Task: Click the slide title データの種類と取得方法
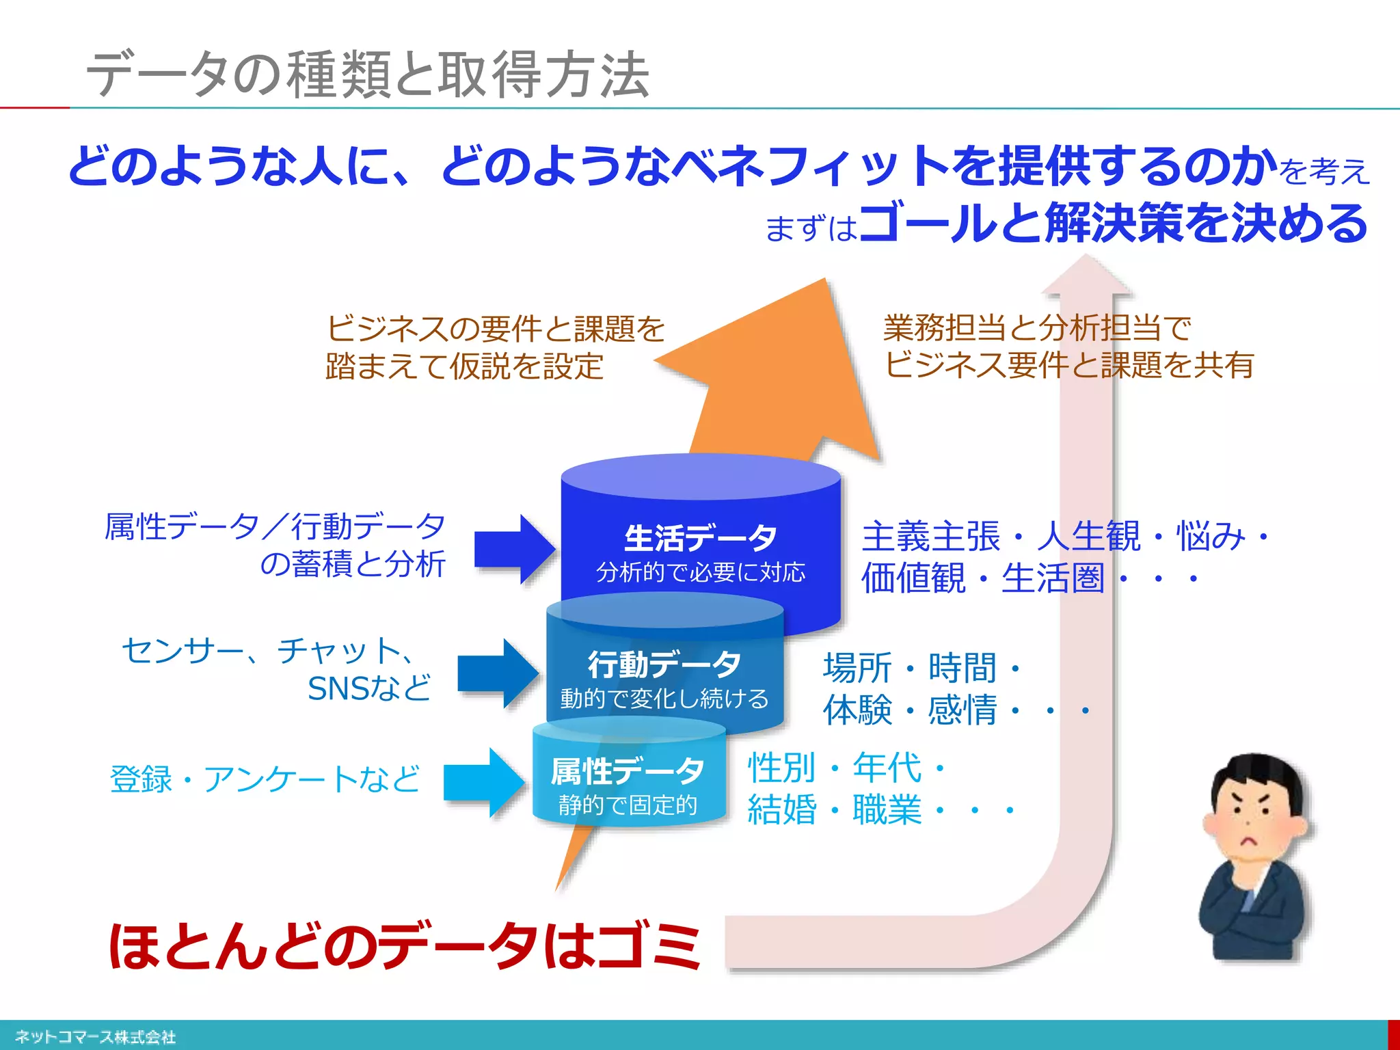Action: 368,74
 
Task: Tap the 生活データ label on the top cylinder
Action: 700,538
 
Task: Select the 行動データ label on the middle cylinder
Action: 664,664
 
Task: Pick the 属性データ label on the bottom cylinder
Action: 628,771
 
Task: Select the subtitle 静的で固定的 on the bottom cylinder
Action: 628,805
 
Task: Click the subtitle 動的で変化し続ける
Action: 664,699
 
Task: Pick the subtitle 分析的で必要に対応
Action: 700,571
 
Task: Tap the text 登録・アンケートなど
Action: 265,779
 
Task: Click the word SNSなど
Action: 369,688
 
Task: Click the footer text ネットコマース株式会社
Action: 95,1036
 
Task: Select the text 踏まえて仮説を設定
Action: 464,366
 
